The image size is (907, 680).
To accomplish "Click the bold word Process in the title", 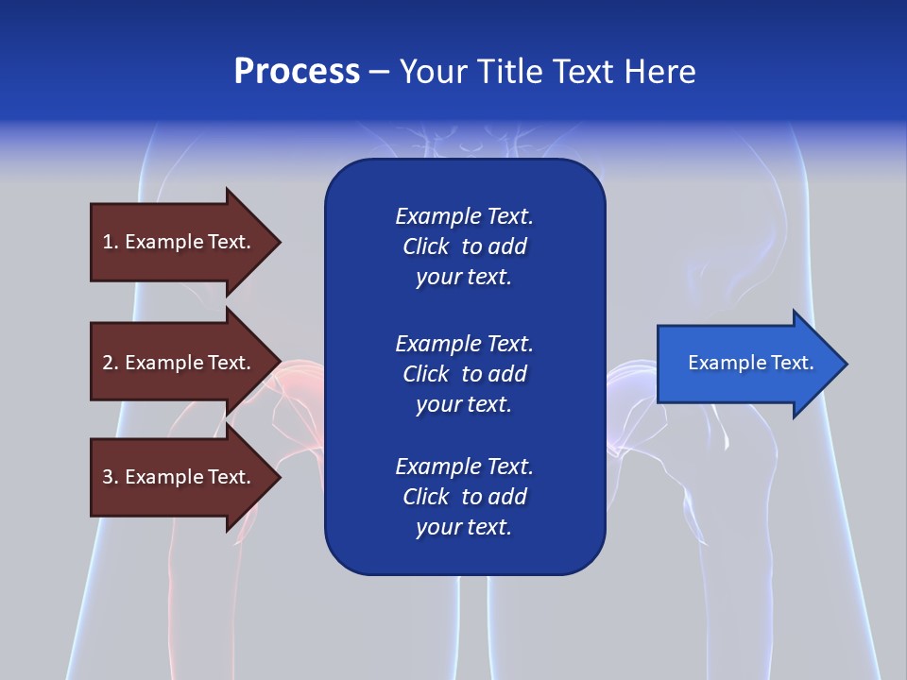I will pyautogui.click(x=297, y=72).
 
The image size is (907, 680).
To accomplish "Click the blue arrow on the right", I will pyautogui.click(x=746, y=364).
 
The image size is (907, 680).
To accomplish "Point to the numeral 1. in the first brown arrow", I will pyautogui.click(x=111, y=242).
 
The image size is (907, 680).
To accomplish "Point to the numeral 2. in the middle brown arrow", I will pyautogui.click(x=111, y=363).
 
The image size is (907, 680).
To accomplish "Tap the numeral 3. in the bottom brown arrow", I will pyautogui.click(x=111, y=477).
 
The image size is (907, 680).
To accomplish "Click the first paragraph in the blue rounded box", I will pyautogui.click(x=464, y=246).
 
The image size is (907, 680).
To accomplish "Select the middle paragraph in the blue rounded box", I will pyautogui.click(x=464, y=374).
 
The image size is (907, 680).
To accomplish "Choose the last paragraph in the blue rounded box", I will pyautogui.click(x=464, y=497).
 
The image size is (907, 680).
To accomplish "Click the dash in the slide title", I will pyautogui.click(x=380, y=72).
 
